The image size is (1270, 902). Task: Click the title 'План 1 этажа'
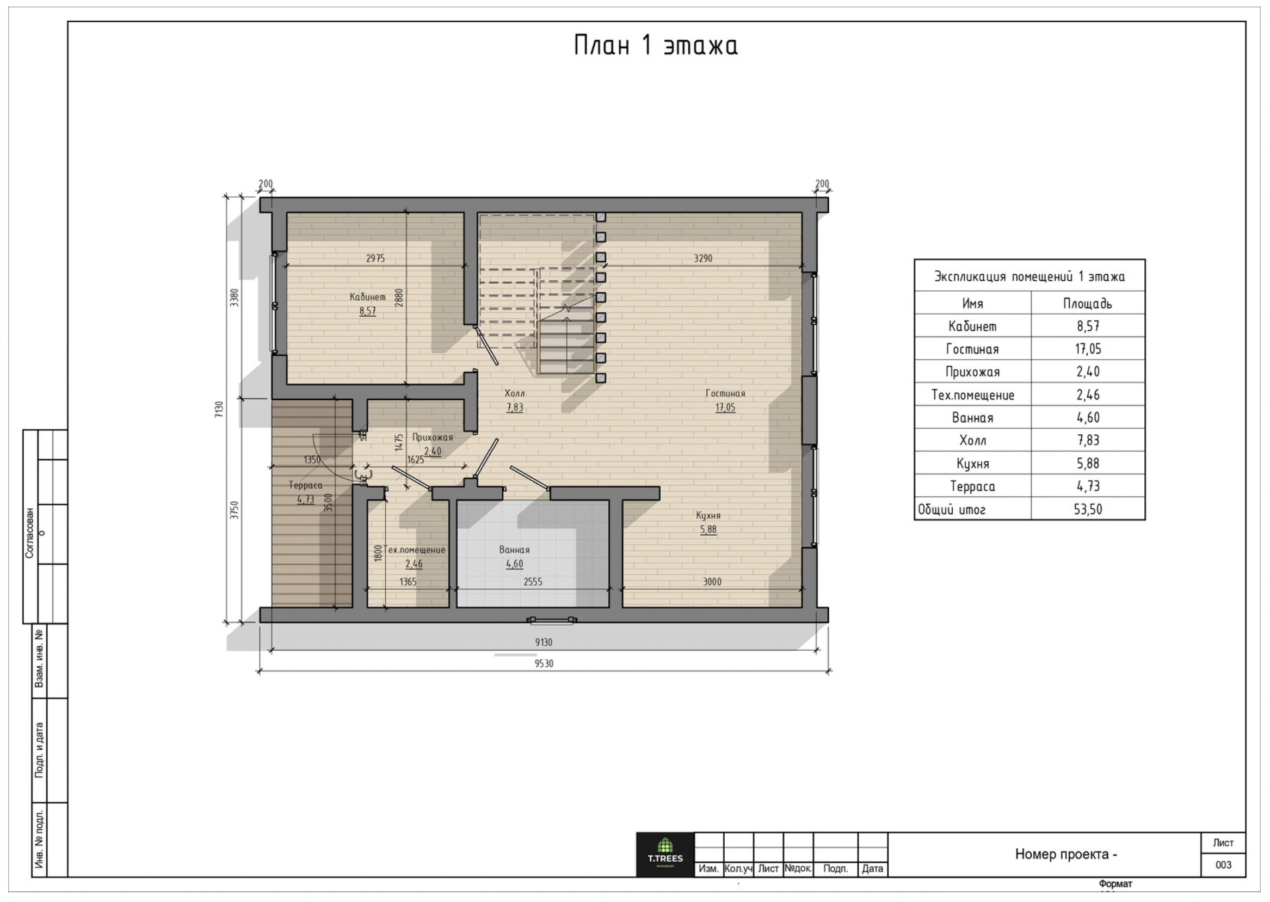coord(656,46)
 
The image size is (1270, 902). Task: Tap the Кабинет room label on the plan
coord(367,297)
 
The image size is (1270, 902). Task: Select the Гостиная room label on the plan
coord(725,393)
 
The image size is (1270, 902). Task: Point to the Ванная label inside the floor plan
coord(514,550)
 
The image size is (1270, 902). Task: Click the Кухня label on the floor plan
coord(708,516)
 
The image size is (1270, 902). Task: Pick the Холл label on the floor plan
coord(514,393)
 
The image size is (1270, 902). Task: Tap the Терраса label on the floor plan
coord(305,485)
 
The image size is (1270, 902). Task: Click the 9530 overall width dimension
coord(544,664)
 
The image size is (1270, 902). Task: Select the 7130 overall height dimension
coord(219,410)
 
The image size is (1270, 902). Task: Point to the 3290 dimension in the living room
coord(703,258)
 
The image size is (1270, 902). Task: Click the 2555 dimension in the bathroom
coord(533,582)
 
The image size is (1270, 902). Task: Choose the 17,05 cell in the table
coord(1088,349)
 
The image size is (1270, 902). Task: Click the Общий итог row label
coord(951,509)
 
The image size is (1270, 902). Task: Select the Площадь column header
coord(1088,304)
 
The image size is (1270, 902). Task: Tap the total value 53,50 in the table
coord(1088,509)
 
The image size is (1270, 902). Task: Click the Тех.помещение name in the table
coord(972,395)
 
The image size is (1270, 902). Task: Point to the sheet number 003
coord(1223,865)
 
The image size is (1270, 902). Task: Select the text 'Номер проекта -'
coord(1066,854)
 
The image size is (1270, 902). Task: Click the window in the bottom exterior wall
coord(552,620)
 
